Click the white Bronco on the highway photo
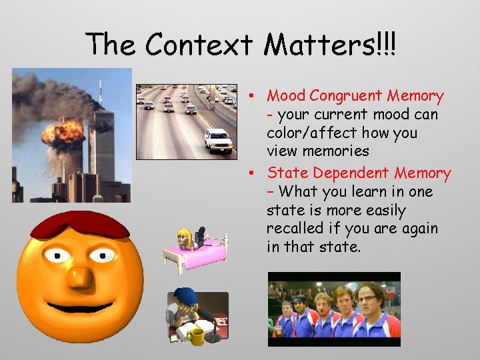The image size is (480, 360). (x=218, y=141)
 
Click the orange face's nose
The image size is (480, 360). (x=81, y=275)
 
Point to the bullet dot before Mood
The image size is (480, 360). (x=255, y=97)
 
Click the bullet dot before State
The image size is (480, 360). (x=255, y=174)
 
